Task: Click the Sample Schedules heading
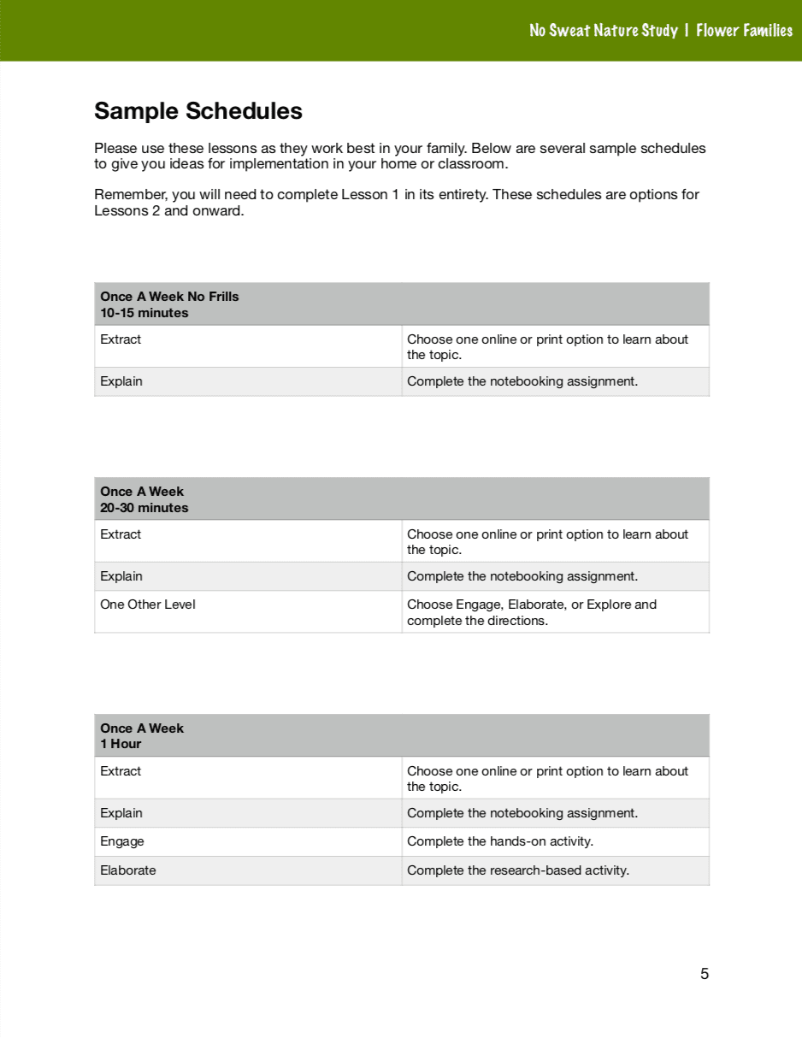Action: [198, 111]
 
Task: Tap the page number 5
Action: [705, 974]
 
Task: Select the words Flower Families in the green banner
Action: [744, 31]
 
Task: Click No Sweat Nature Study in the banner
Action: [603, 31]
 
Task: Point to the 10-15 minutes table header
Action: [144, 313]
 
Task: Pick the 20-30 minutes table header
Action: [144, 508]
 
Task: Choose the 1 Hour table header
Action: [121, 744]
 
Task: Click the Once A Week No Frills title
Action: [169, 297]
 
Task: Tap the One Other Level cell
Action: [148, 605]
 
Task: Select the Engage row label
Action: [122, 841]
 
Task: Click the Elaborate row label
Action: [128, 870]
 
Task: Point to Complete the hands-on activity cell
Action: [500, 841]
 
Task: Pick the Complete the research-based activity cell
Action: [518, 870]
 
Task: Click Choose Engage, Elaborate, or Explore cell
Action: [532, 612]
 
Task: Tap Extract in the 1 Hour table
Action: [121, 771]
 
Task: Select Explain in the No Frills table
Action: [121, 381]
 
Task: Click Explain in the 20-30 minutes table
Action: [121, 576]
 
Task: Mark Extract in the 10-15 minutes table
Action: [121, 339]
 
